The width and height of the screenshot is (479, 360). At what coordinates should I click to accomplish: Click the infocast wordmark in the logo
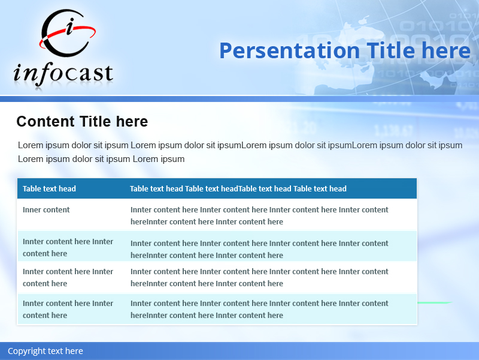click(63, 73)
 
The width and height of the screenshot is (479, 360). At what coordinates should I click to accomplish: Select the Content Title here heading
click(82, 122)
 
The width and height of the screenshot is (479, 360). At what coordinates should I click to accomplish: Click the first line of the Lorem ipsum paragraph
click(239, 145)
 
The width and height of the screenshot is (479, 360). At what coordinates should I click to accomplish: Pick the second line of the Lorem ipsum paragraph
click(101, 159)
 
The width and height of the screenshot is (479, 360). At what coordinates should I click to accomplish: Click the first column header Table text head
click(49, 188)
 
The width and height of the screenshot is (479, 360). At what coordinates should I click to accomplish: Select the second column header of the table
click(238, 188)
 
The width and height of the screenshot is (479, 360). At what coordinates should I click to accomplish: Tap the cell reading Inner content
click(46, 210)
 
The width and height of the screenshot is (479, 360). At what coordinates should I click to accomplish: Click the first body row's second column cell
click(259, 215)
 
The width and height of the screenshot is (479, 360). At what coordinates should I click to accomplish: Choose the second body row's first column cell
click(68, 247)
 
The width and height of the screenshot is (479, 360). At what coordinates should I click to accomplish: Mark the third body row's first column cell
click(68, 277)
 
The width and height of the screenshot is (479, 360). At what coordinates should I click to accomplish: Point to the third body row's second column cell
click(259, 277)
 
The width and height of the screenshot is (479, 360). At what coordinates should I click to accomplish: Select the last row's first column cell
click(68, 309)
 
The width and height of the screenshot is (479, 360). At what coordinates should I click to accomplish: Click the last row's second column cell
click(259, 309)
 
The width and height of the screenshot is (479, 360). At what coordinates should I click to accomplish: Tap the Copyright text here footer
click(46, 351)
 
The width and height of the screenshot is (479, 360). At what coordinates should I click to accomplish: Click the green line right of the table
click(435, 302)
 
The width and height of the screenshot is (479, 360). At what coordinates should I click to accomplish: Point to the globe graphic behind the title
click(383, 60)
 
